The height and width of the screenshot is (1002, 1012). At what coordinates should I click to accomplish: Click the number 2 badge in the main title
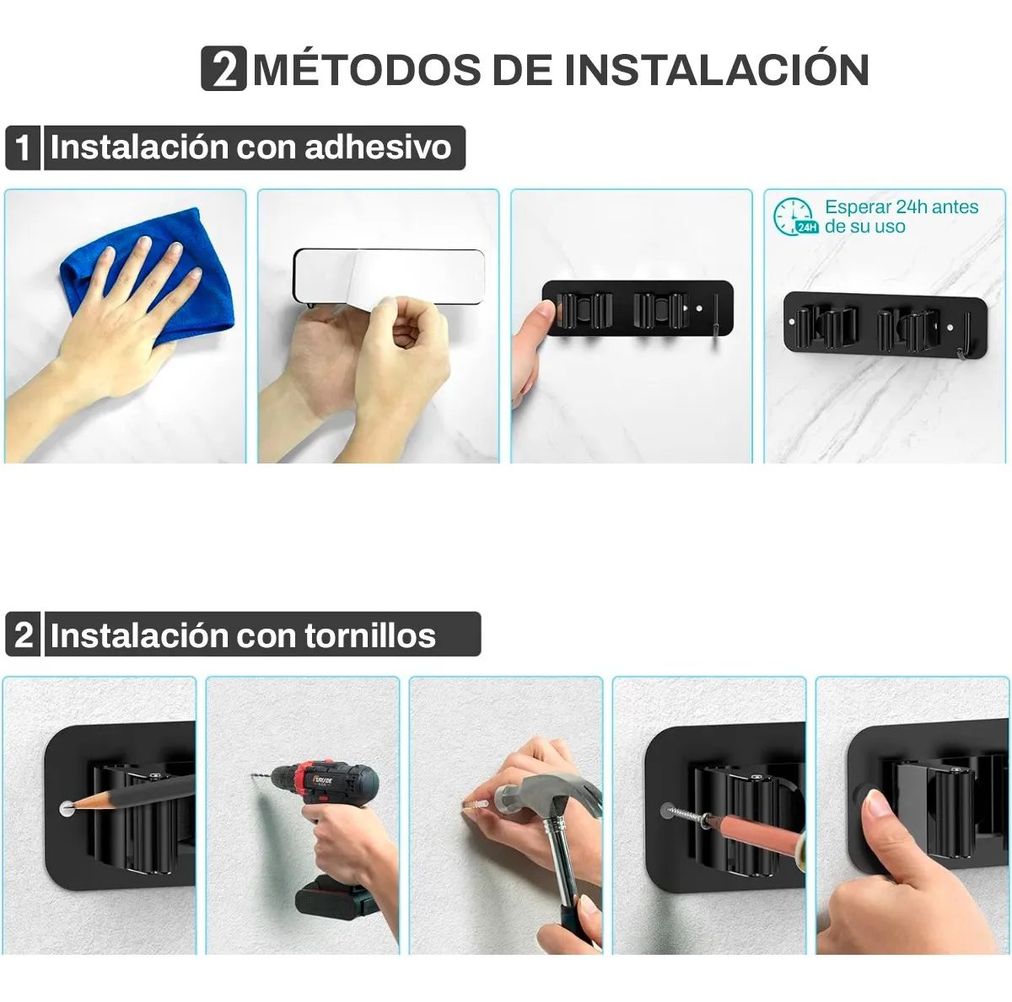click(x=223, y=69)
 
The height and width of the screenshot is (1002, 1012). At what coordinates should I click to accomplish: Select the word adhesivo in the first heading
click(x=378, y=147)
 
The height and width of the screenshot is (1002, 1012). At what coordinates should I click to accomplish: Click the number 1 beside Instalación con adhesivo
click(x=23, y=148)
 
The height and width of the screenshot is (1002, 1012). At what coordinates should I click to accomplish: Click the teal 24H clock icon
click(x=795, y=217)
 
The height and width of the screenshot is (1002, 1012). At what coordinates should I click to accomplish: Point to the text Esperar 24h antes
click(x=902, y=206)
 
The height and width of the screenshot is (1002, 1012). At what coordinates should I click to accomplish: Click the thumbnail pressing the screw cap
click(x=877, y=803)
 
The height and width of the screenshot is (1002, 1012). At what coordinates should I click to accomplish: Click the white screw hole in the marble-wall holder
click(x=950, y=328)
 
